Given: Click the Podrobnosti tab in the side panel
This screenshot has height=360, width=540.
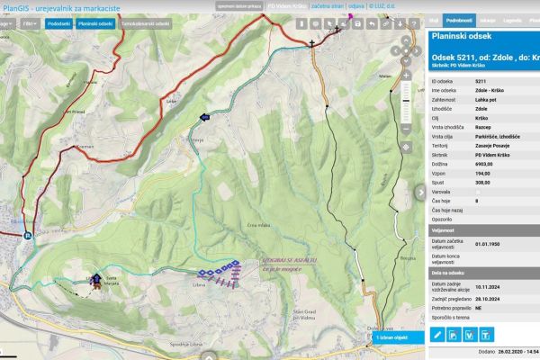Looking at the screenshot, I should click(x=459, y=18).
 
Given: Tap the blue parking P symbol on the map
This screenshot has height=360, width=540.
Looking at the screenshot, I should click(x=27, y=237).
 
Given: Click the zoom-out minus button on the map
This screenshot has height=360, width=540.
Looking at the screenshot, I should click(x=406, y=130).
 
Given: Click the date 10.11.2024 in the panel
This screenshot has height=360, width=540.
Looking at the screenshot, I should click(x=489, y=285).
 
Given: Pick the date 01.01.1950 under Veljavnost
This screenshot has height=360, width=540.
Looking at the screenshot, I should click(x=489, y=243).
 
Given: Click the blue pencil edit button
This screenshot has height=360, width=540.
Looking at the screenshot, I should click(x=436, y=335).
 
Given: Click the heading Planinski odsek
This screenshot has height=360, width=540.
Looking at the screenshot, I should click(x=460, y=37).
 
